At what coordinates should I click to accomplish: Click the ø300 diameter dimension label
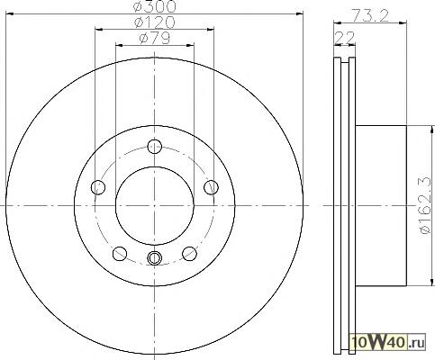coord(155,6)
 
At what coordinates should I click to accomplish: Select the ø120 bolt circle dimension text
coord(155,22)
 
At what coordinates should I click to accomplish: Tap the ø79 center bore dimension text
coord(155,38)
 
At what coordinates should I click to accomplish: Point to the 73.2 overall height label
coord(370,14)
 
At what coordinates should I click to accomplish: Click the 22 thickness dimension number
coord(344,38)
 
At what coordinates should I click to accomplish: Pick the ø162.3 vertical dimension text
coord(426,207)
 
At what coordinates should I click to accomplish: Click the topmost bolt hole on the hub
coord(155,147)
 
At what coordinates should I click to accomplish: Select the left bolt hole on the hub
coord(98,188)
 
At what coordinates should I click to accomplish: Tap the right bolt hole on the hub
coord(211,188)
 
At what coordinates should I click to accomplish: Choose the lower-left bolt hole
coord(120,254)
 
